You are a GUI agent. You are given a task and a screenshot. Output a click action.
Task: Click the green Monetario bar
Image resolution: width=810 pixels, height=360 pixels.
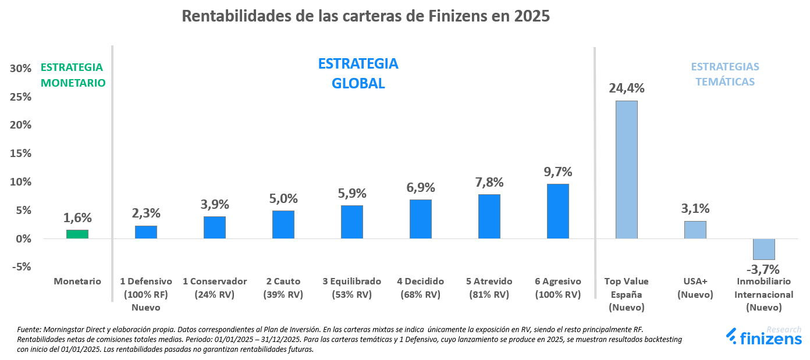(77, 234)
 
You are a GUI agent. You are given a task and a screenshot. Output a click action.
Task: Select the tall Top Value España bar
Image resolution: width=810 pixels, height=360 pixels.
(626, 170)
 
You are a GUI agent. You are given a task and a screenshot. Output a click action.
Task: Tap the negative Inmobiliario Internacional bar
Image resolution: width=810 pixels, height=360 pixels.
(763, 249)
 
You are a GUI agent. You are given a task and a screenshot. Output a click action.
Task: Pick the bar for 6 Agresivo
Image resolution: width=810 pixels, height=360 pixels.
(557, 211)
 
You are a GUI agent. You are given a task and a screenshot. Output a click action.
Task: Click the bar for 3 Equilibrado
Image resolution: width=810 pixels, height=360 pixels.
(351, 222)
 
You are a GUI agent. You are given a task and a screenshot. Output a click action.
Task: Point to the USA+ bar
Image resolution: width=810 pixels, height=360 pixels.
(695, 230)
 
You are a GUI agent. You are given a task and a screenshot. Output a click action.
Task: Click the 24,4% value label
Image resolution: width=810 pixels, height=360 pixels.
(626, 88)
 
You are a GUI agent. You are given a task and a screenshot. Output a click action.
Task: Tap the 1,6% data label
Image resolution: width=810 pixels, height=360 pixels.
(77, 218)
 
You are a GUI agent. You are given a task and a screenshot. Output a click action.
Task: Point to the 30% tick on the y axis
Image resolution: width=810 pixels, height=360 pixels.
(21, 69)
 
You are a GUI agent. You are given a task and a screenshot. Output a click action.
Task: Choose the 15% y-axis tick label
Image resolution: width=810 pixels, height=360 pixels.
(21, 154)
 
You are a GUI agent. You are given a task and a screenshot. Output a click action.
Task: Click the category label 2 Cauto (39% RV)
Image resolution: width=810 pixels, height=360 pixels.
(283, 288)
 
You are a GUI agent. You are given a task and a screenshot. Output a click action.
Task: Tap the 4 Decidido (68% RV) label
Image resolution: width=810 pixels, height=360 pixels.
(420, 288)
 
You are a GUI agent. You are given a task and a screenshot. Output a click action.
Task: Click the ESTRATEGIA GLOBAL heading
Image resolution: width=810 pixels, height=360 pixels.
(358, 73)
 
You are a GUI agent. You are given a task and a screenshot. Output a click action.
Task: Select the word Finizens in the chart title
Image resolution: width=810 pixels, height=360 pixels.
(445, 16)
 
